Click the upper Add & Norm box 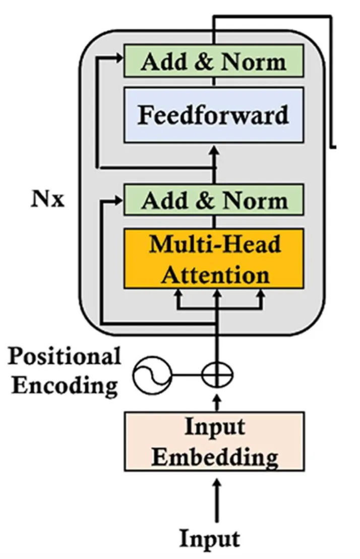click(213, 61)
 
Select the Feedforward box click(213, 115)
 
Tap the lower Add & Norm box click(213, 200)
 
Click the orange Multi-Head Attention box click(213, 258)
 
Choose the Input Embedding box click(214, 441)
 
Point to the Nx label click(48, 199)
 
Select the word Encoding click(65, 386)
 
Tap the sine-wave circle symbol click(152, 375)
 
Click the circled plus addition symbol click(217, 375)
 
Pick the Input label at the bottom click(210, 539)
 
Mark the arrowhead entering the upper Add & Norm click(118, 59)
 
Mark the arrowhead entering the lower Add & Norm click(118, 200)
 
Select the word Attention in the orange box click(215, 275)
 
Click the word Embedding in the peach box click(215, 457)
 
